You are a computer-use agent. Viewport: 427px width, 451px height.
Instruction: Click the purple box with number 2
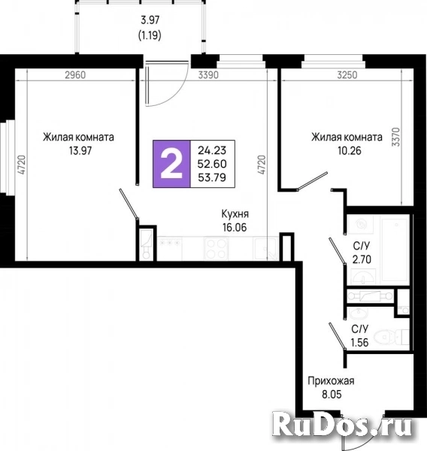point(171,164)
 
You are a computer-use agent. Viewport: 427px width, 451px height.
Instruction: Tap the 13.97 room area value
point(80,150)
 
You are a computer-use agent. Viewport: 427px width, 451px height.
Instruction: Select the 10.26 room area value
point(350,150)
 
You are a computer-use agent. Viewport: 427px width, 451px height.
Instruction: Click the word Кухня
point(235,214)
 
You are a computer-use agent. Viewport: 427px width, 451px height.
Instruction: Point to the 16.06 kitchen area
point(235,227)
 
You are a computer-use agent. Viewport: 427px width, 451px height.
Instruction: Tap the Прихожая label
point(331,381)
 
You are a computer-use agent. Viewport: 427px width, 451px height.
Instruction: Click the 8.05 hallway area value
point(332,395)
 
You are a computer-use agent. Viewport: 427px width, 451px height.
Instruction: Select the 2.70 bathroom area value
point(362,259)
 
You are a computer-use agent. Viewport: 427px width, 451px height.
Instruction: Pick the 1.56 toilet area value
point(359,343)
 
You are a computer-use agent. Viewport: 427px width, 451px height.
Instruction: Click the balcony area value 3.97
point(150,20)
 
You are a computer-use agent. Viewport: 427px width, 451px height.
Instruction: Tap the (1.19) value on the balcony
point(150,35)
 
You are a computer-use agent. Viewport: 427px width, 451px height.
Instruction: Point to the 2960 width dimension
point(75,75)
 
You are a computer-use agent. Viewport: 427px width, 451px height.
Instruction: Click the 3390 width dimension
point(208,75)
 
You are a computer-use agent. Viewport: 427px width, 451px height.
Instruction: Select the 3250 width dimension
point(347,75)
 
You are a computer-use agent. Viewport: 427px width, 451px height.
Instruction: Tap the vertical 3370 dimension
point(396,137)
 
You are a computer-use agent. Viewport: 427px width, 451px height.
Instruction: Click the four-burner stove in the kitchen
point(217,249)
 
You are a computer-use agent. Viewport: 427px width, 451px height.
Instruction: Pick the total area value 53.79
point(212,177)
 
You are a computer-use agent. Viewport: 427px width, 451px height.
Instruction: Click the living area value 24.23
point(212,150)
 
